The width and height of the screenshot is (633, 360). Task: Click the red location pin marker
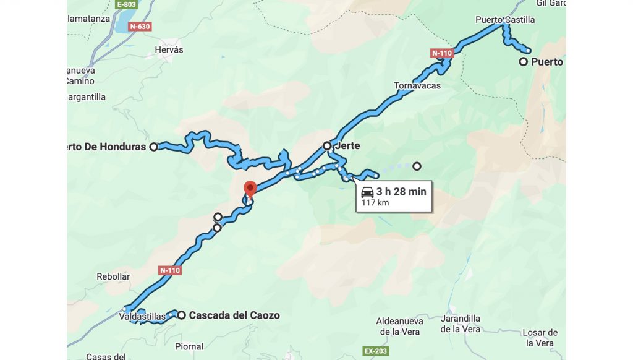point(250,188)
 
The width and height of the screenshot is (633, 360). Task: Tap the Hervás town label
point(169,49)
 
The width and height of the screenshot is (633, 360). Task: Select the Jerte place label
point(347,146)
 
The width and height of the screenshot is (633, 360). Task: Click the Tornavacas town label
point(417,85)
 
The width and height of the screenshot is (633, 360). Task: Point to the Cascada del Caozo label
point(234,315)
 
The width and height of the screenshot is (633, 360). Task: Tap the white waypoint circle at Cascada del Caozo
point(182,315)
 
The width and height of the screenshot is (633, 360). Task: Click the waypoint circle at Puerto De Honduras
point(154,147)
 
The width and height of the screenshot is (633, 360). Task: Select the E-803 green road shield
point(127,4)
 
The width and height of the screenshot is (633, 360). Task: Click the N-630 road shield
point(140,27)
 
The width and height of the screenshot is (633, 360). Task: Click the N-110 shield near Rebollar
point(170,270)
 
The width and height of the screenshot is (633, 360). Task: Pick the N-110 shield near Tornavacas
point(443,53)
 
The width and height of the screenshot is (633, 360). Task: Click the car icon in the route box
point(367,192)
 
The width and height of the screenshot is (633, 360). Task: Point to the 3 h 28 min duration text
point(401,192)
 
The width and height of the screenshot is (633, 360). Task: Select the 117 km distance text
point(375,203)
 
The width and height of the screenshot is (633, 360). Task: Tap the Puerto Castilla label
point(505,20)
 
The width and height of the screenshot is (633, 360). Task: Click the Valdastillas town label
point(142,317)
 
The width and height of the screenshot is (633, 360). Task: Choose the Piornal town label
point(189,346)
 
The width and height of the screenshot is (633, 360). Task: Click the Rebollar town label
point(113,276)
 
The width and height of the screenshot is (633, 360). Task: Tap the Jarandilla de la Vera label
point(461,324)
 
